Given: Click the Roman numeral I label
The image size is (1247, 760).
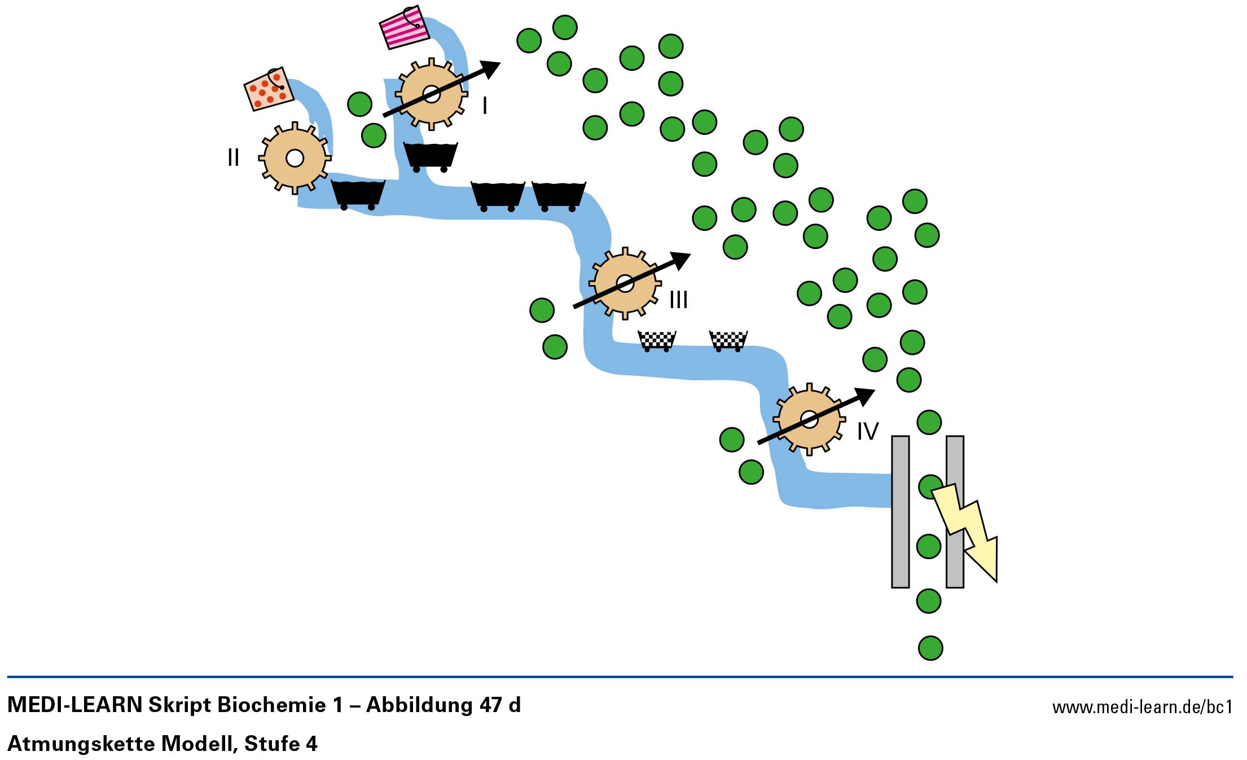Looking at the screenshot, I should [x=485, y=106].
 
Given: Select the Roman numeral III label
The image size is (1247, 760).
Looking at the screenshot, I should [x=678, y=300].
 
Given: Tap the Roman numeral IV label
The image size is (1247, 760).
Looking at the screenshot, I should [x=867, y=432].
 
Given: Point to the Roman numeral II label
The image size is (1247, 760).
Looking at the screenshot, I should [x=233, y=157].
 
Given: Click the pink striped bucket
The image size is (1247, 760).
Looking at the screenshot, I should [x=403, y=27].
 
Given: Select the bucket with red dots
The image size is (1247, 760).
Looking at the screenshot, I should [x=269, y=89].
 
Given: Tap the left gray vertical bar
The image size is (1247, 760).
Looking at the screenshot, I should [x=900, y=511].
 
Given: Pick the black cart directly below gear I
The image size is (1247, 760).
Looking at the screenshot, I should [x=430, y=156].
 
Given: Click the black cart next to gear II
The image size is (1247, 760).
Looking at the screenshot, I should [x=358, y=194].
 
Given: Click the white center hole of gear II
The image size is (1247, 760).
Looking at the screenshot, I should [x=295, y=158].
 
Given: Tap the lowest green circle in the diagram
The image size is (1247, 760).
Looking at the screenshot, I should [x=930, y=648].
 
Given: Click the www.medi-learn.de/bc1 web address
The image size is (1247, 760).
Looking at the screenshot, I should [x=1142, y=707].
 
